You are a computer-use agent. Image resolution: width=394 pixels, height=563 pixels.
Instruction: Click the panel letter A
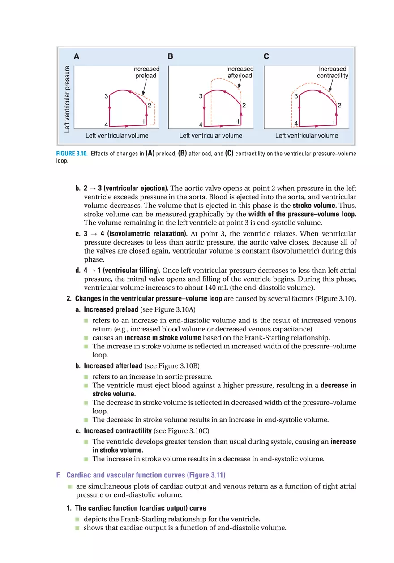tap(77, 57)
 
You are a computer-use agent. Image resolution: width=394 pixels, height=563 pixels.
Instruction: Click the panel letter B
tap(171, 57)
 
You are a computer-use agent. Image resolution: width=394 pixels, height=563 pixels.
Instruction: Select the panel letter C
tap(266, 57)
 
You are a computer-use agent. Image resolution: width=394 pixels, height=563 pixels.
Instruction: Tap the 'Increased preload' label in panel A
tap(146, 73)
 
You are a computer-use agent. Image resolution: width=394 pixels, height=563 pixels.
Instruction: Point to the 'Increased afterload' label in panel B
tap(240, 73)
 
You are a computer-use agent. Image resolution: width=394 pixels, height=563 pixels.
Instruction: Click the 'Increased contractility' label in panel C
tap(333, 73)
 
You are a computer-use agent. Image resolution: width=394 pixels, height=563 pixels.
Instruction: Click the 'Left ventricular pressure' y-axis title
tap(67, 99)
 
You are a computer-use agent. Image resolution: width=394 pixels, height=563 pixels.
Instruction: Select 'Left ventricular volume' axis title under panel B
tap(210, 136)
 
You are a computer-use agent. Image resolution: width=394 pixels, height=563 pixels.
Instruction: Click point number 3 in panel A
tap(106, 96)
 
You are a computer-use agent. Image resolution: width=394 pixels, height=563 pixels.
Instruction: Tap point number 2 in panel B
tap(244, 106)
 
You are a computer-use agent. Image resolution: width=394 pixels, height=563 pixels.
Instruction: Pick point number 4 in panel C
tap(296, 124)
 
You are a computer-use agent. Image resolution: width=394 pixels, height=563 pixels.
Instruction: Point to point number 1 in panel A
tap(144, 121)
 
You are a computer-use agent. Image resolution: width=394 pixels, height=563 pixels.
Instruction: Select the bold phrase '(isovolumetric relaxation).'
tap(143, 234)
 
